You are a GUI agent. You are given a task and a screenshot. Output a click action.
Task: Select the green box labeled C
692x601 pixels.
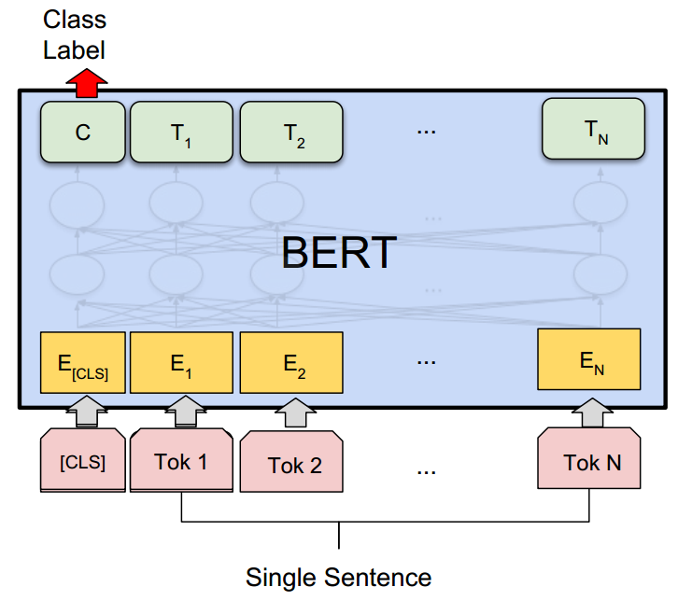(x=82, y=133)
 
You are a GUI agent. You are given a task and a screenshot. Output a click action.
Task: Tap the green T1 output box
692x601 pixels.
(x=180, y=133)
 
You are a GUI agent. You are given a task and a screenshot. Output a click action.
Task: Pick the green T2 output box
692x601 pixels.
(x=291, y=133)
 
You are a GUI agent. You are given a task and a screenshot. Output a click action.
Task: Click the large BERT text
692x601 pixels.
(x=339, y=252)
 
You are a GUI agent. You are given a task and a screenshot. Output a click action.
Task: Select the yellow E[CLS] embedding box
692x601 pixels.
(x=82, y=362)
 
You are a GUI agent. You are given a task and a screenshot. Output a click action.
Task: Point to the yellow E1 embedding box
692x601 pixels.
(x=180, y=362)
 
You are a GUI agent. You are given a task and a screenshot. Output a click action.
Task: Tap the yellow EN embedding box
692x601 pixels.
(x=589, y=358)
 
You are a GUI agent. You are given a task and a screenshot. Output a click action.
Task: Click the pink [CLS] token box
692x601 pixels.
(x=82, y=460)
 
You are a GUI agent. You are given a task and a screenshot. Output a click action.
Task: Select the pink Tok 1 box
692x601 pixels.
(x=180, y=460)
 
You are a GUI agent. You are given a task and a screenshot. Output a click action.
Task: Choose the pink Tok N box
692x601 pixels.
(x=589, y=460)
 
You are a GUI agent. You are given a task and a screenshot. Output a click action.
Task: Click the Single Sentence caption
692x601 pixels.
(x=338, y=576)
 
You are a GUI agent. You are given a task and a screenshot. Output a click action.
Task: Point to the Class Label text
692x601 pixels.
(x=74, y=35)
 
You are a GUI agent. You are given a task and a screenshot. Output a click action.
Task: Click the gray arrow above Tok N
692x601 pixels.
(x=590, y=412)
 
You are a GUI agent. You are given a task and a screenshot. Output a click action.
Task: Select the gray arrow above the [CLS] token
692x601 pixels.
(x=82, y=412)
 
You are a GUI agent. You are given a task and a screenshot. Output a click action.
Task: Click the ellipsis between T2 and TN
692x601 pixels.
(x=427, y=132)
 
